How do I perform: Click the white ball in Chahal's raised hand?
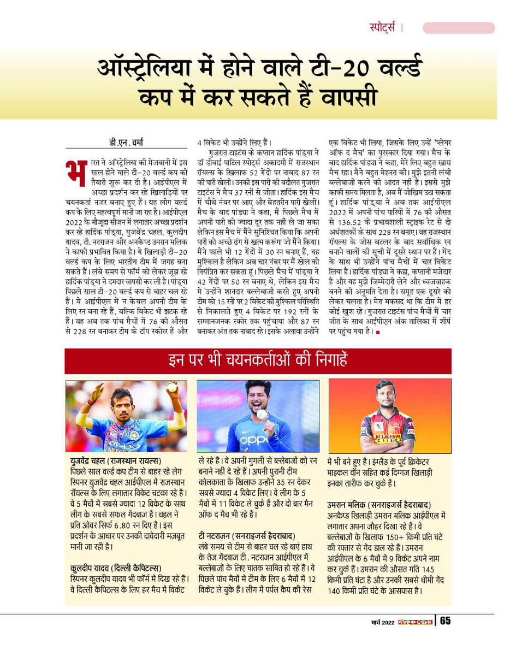172,388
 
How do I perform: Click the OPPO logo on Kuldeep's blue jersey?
255,439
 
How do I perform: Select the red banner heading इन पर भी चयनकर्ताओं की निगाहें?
258,360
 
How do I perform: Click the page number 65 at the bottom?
445,622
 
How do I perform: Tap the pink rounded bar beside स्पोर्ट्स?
458,28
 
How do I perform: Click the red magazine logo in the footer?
414,623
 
